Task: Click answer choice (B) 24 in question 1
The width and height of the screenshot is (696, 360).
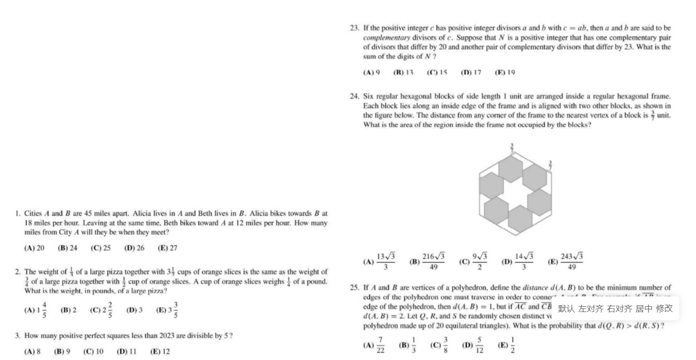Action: pyautogui.click(x=67, y=248)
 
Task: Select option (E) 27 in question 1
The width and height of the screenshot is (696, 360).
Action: pyautogui.click(x=167, y=248)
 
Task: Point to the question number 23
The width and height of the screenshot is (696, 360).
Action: pyautogui.click(x=355, y=28)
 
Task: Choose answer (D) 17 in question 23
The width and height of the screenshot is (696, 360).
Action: pyautogui.click(x=471, y=73)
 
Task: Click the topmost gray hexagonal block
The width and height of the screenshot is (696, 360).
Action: pyautogui.click(x=511, y=168)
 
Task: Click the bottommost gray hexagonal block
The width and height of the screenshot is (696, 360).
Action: pyautogui.click(x=520, y=218)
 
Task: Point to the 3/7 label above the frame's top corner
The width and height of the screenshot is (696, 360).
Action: pyautogui.click(x=512, y=148)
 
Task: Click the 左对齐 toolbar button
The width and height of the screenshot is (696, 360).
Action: pyautogui.click(x=591, y=308)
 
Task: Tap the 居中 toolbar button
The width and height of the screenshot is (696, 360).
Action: pyautogui.click(x=644, y=308)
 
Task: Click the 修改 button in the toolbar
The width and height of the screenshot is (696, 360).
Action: pyautogui.click(x=664, y=308)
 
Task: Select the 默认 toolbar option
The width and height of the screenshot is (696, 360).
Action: pyautogui.click(x=566, y=308)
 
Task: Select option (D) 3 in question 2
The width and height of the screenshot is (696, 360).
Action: pyautogui.click(x=134, y=310)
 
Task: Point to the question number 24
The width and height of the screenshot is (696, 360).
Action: pyautogui.click(x=355, y=97)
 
